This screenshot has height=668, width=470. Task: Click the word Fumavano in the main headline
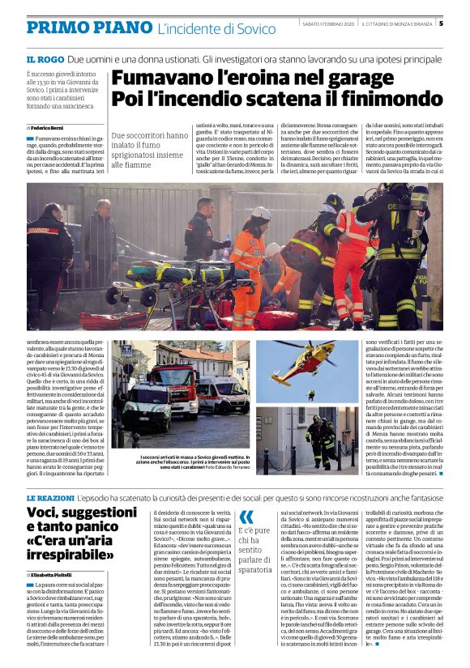(160, 79)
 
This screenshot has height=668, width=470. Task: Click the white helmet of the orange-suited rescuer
(261, 213)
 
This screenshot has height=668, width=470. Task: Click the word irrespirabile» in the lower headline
(74, 556)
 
